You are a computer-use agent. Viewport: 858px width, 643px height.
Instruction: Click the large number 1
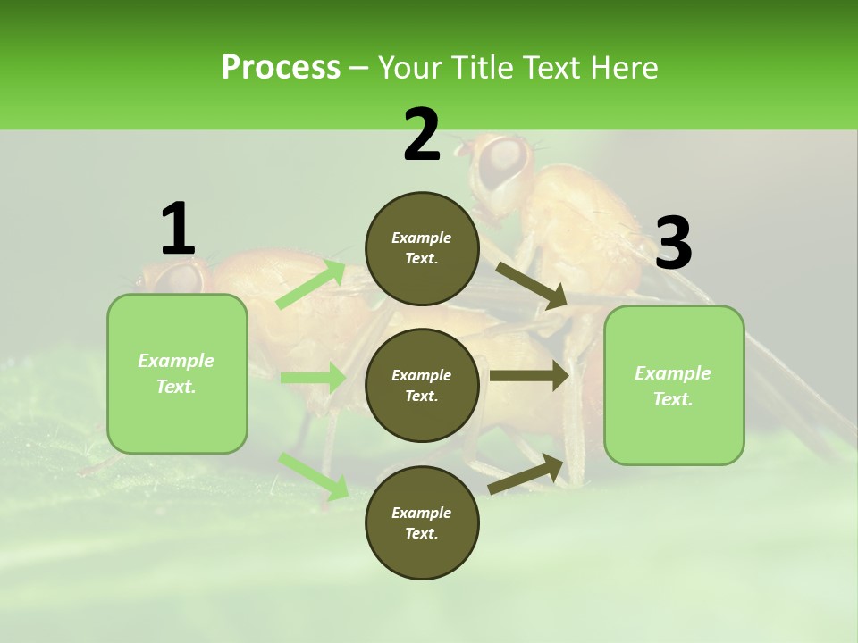pyautogui.click(x=177, y=230)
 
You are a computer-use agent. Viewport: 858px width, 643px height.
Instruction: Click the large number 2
pyautogui.click(x=422, y=136)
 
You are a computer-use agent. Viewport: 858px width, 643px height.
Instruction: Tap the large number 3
pyautogui.click(x=674, y=244)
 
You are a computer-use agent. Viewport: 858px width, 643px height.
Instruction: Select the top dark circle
pyautogui.click(x=422, y=248)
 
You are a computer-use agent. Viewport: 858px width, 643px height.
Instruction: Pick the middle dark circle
pyautogui.click(x=422, y=385)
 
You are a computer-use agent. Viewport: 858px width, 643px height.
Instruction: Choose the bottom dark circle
pyautogui.click(x=422, y=522)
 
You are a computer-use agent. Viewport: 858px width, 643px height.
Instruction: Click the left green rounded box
pyautogui.click(x=177, y=373)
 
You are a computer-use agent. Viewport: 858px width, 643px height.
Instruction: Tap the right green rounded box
pyautogui.click(x=674, y=386)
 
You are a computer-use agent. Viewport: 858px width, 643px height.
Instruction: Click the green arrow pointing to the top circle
pyautogui.click(x=312, y=284)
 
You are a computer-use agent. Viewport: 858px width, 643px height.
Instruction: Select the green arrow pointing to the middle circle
pyautogui.click(x=313, y=378)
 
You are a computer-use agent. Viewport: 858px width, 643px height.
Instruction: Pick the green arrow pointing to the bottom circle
pyautogui.click(x=314, y=475)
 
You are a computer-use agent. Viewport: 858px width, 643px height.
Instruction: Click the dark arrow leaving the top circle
pyautogui.click(x=531, y=285)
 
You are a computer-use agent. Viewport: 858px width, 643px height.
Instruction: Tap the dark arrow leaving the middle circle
pyautogui.click(x=529, y=375)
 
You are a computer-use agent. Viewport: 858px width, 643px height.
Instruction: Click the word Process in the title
pyautogui.click(x=281, y=67)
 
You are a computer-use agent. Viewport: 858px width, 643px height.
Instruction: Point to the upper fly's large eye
pyautogui.click(x=503, y=161)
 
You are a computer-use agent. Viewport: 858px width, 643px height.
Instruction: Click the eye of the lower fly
pyautogui.click(x=181, y=277)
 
